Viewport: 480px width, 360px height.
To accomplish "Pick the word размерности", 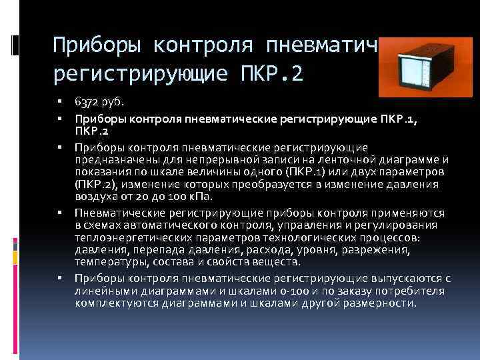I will point(381,303).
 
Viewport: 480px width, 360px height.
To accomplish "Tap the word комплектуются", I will point(114,303).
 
